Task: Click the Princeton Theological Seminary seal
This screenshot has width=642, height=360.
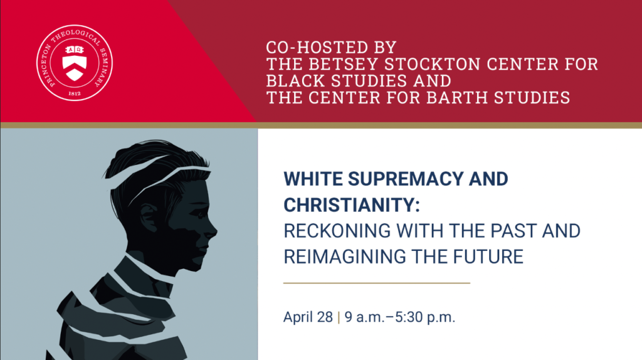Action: point(75,63)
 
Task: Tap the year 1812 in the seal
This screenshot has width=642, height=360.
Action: point(75,93)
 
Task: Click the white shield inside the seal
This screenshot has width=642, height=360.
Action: point(75,63)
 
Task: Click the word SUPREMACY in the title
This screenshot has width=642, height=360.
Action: point(406,179)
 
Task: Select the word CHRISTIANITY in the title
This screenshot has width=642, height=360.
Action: point(352,205)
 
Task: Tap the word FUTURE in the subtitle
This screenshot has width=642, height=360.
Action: point(488,257)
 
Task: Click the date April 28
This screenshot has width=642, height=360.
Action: point(308,317)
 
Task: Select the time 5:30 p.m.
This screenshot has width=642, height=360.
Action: point(425,317)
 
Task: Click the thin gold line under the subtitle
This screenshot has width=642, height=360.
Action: point(377,283)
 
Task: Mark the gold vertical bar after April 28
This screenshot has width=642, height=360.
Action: point(339,317)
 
